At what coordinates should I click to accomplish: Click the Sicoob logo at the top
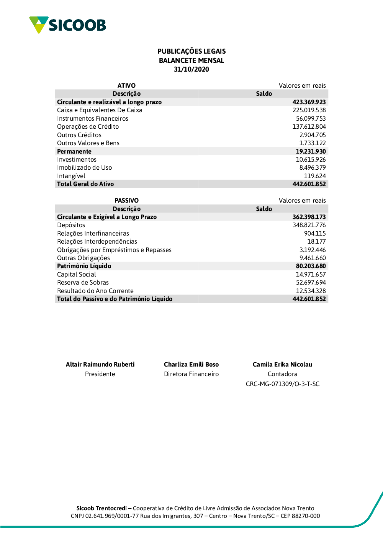click(67, 25)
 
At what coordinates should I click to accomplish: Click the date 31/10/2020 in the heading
click(191, 69)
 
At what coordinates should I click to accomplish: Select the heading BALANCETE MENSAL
click(191, 61)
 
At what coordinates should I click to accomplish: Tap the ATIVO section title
click(126, 85)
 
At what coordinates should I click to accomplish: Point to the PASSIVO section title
click(126, 200)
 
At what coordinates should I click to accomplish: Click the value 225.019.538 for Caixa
click(309, 110)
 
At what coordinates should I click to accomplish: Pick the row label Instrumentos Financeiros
click(93, 119)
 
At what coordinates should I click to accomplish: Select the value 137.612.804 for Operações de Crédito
click(309, 127)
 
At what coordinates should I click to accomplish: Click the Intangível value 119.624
click(315, 176)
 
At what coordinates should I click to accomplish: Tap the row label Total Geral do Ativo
click(85, 184)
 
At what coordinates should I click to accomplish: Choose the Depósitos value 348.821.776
click(309, 225)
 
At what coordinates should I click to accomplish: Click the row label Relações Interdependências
click(97, 242)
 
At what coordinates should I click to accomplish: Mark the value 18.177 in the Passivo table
click(316, 242)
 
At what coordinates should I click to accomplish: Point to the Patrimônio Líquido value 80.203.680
click(311, 266)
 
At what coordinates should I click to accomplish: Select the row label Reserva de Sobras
click(83, 283)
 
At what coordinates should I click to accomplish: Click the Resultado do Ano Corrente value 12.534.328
click(311, 291)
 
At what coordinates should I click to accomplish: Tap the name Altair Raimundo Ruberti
click(100, 364)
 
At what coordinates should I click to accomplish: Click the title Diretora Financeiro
click(191, 374)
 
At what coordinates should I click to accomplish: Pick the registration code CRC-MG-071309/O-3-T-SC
click(283, 384)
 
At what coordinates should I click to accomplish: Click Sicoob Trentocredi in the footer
click(101, 508)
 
